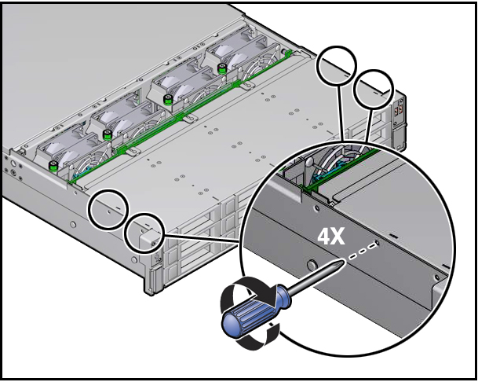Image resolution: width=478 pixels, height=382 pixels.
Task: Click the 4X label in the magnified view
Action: point(331,236)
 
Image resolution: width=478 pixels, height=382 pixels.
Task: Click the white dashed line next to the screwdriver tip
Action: point(360,252)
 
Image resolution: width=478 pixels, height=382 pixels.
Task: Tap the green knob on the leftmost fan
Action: point(53,166)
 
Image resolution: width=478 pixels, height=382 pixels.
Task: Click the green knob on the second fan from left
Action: point(108,134)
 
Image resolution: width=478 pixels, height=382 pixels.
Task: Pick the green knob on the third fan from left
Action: point(169,99)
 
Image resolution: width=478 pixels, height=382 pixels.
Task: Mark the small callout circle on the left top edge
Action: point(108,208)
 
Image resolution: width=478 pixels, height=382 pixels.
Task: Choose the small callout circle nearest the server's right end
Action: point(374,88)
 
